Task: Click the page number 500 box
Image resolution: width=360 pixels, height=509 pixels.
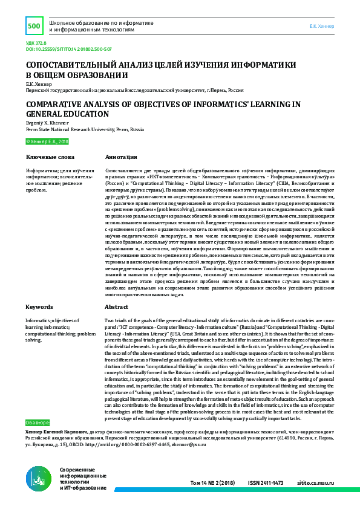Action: [x=33, y=26]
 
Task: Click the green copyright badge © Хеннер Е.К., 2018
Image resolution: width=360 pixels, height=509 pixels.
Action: [x=48, y=141]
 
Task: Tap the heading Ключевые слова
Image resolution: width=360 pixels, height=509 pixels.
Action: [x=45, y=157]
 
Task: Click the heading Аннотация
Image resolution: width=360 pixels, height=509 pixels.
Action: [x=119, y=157]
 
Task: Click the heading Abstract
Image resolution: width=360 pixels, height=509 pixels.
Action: [x=116, y=307]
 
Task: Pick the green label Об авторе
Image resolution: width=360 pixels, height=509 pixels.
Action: [x=38, y=421]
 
